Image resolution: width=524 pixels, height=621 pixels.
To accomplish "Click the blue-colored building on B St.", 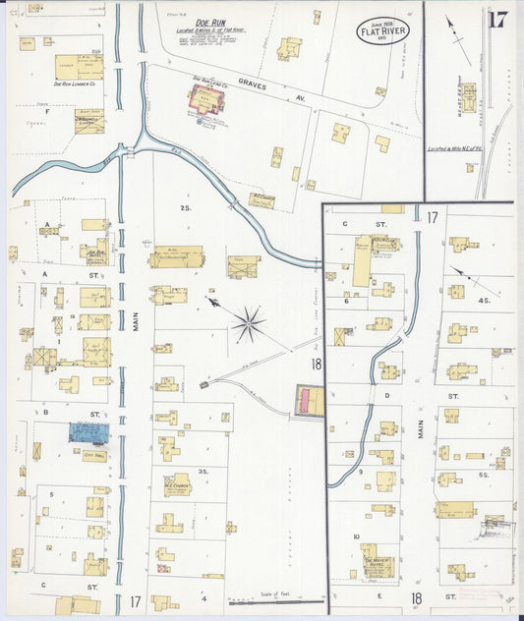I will (88, 431).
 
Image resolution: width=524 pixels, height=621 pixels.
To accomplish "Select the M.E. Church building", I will (177, 484).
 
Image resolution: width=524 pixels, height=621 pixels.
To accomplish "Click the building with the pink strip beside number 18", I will (310, 400).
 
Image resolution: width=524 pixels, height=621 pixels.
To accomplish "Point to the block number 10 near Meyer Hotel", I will (355, 536).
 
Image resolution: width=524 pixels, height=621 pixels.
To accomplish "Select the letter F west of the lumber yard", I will (46, 112).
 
